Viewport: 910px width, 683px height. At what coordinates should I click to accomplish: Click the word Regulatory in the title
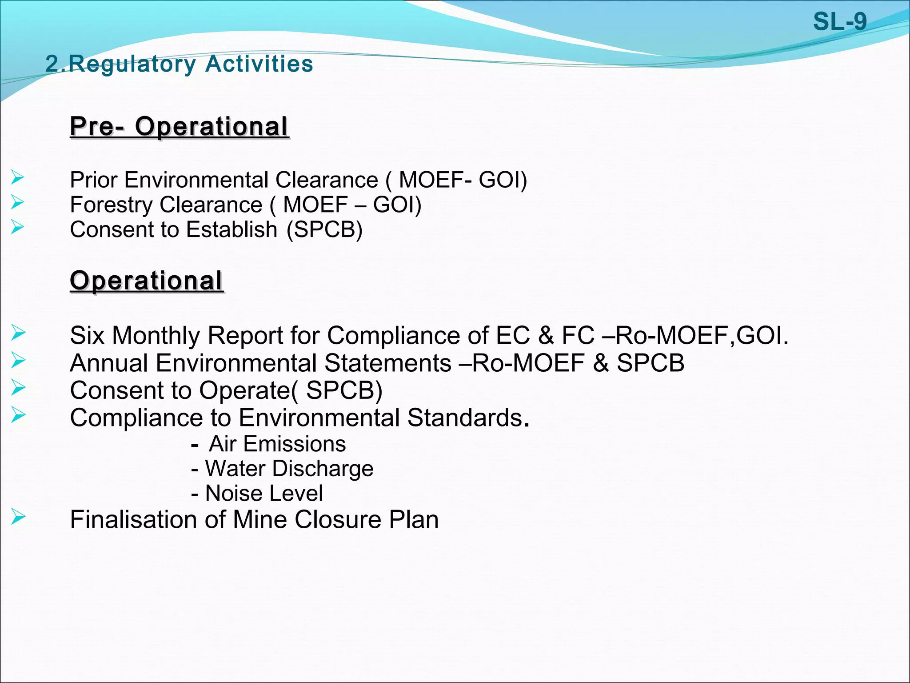[x=132, y=64]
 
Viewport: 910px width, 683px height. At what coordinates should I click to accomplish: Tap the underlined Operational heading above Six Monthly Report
[x=146, y=281]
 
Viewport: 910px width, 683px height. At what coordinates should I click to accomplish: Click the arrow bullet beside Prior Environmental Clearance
[x=18, y=178]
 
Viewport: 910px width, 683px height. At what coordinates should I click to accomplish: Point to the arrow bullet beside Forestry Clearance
[x=18, y=203]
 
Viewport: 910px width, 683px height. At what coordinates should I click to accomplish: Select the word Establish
[x=231, y=229]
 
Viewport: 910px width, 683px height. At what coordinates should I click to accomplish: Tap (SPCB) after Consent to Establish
[x=324, y=229]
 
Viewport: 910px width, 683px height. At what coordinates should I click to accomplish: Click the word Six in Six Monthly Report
[x=87, y=335]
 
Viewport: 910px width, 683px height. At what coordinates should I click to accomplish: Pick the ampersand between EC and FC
[x=546, y=335]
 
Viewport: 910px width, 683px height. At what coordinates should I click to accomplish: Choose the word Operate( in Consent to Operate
[x=249, y=390]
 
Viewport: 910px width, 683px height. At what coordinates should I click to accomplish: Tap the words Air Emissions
[x=277, y=444]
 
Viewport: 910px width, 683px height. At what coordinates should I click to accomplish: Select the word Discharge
[x=323, y=469]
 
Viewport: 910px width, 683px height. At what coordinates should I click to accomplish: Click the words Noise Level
[x=264, y=494]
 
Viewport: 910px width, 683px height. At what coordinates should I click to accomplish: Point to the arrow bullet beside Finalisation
[x=18, y=517]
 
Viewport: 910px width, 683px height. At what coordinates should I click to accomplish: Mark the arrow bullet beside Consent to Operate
[x=18, y=388]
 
